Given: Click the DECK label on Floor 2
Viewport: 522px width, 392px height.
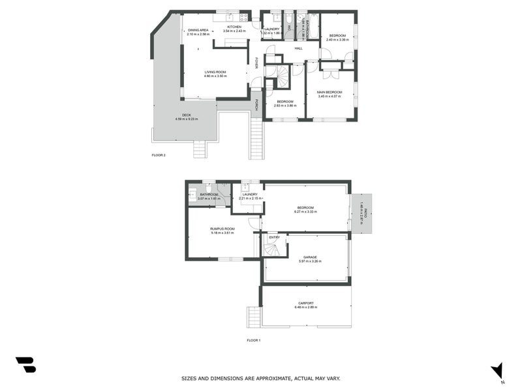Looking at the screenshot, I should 187,115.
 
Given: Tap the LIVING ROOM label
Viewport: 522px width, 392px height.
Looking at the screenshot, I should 215,72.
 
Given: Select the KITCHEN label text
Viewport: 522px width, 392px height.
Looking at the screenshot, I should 234,27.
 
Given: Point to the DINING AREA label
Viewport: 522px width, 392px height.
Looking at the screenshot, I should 198,30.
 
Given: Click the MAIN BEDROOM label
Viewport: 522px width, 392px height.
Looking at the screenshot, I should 330,92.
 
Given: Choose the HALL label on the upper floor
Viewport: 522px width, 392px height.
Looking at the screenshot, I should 298,48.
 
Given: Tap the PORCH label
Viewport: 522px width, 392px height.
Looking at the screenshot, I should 257,105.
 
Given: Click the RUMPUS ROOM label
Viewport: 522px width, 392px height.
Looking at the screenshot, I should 222,229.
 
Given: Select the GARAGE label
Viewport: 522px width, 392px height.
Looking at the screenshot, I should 310,257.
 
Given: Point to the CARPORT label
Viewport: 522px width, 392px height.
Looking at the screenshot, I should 306,302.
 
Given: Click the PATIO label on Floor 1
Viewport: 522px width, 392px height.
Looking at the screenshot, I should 365,214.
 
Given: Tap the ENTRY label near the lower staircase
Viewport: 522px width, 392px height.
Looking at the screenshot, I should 274,237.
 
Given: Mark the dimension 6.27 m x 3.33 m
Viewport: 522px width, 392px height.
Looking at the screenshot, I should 305,212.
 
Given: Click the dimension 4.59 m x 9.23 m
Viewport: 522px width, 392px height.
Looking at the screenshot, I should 187,119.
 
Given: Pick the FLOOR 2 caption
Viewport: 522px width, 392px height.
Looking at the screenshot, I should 159,155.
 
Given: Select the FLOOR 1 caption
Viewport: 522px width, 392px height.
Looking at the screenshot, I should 253,340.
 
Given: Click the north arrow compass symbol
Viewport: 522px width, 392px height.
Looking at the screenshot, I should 497,370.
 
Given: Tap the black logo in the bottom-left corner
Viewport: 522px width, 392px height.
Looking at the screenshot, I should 25,365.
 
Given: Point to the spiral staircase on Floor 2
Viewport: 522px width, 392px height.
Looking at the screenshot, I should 282,78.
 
